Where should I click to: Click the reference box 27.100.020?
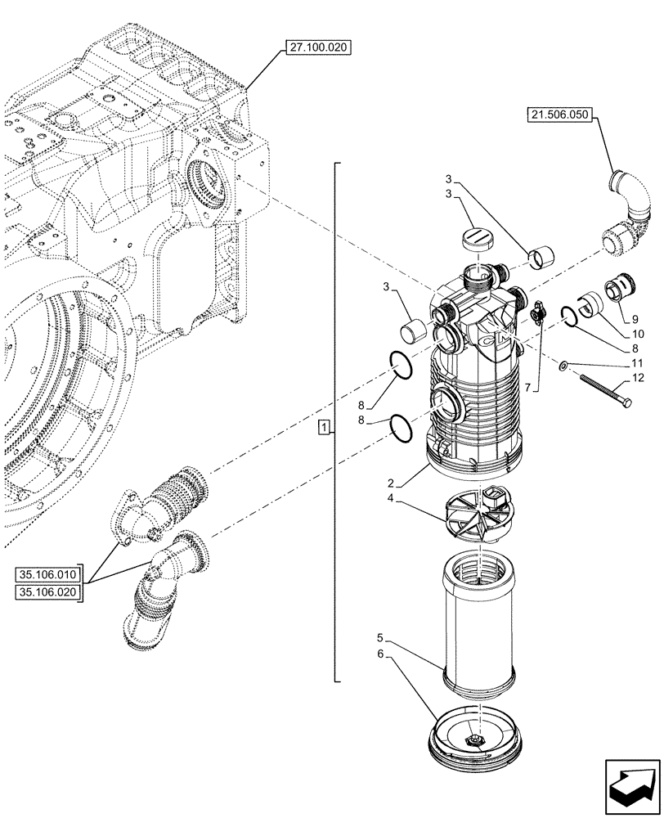[317, 48]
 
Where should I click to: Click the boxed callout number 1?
[325, 428]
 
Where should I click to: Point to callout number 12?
[638, 377]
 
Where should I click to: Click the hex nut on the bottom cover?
[475, 740]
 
